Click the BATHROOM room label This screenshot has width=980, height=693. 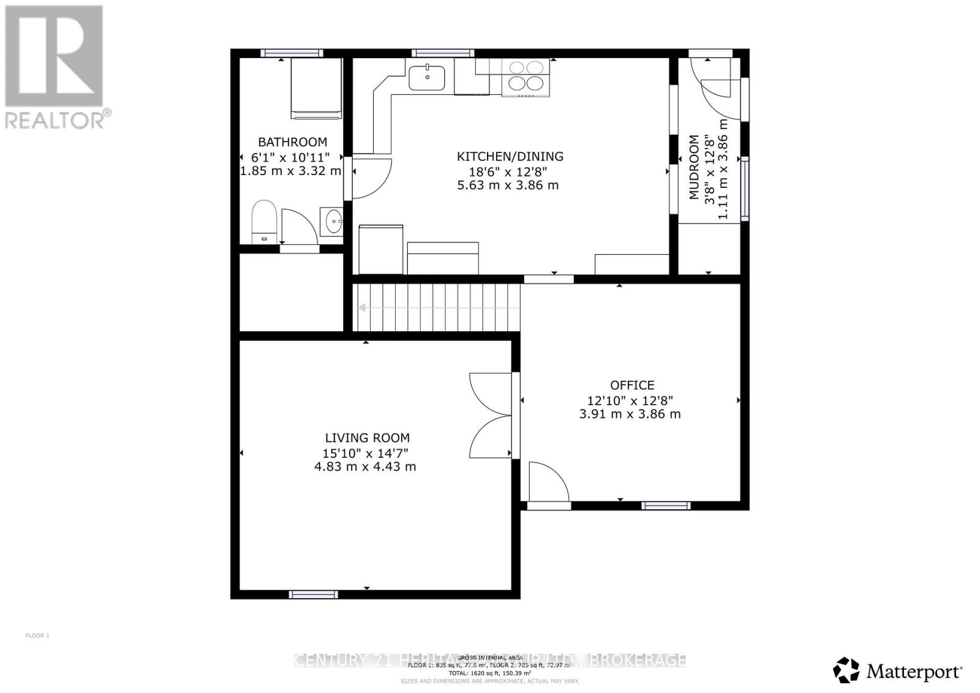[x=292, y=142]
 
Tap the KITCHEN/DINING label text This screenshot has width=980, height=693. [x=510, y=157]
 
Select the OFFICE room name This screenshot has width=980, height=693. [x=631, y=385]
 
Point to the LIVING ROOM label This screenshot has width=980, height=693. [x=367, y=438]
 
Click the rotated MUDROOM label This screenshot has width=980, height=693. [x=693, y=167]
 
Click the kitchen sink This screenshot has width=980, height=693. [x=427, y=77]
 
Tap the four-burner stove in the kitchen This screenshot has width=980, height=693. [x=526, y=78]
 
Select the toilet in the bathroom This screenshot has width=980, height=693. [x=264, y=220]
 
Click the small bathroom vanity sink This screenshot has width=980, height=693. [x=333, y=220]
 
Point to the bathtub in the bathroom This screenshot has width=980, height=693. [x=315, y=88]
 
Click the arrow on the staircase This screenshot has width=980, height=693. [x=364, y=308]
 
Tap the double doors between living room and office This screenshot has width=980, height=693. [x=491, y=415]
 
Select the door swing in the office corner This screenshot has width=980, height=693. [x=547, y=482]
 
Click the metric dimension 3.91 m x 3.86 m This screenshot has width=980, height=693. [x=630, y=414]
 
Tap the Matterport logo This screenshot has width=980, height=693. [x=898, y=672]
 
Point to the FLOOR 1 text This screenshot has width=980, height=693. [x=37, y=636]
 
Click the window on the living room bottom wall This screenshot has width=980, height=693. [x=313, y=594]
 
